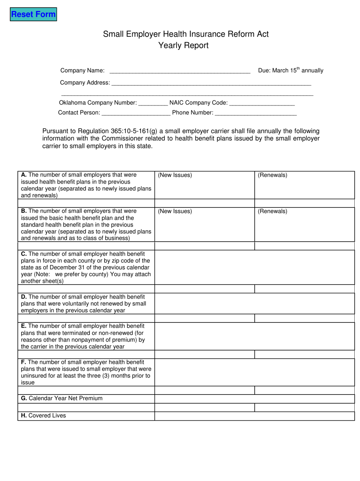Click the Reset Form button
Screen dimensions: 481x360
(x=33, y=15)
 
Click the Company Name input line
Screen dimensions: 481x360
(x=180, y=71)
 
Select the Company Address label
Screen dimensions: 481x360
(x=85, y=83)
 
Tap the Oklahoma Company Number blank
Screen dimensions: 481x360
(x=153, y=103)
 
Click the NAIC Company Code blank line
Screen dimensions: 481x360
(x=262, y=103)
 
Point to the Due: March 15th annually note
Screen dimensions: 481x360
(x=290, y=71)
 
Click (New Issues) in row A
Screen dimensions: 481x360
(x=175, y=175)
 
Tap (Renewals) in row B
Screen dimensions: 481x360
(x=272, y=211)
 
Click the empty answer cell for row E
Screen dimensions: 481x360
(x=254, y=336)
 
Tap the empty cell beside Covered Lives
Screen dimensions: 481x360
(x=254, y=416)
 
